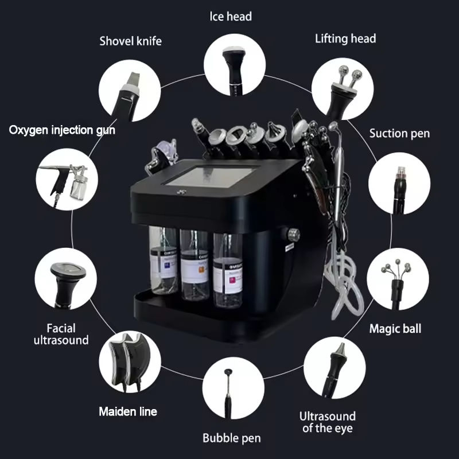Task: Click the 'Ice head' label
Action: [x=231, y=17]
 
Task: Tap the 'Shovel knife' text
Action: [x=131, y=41]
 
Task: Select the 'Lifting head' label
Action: [x=345, y=38]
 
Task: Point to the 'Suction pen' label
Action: [x=399, y=134]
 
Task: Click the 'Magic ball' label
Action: [x=395, y=328]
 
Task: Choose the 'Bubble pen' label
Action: [x=232, y=438]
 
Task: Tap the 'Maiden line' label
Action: [x=128, y=411]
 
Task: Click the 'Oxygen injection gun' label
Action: [x=62, y=130]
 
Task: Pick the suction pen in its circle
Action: [x=399, y=190]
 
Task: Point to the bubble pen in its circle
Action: [x=228, y=393]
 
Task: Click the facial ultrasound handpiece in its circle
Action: [x=67, y=285]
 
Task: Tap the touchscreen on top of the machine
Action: [x=212, y=177]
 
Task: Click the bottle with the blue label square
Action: [x=164, y=260]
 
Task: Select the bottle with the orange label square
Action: [x=195, y=265]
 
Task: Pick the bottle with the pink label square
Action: [x=228, y=270]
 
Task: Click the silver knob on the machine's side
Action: [x=293, y=235]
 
